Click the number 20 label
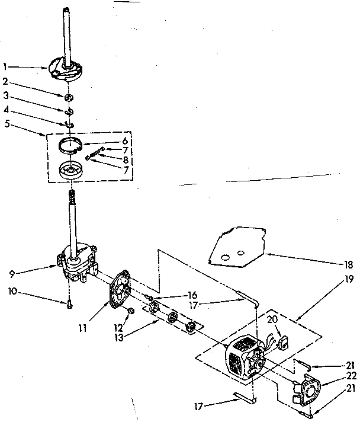[x=273, y=318]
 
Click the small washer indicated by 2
[x=70, y=96]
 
